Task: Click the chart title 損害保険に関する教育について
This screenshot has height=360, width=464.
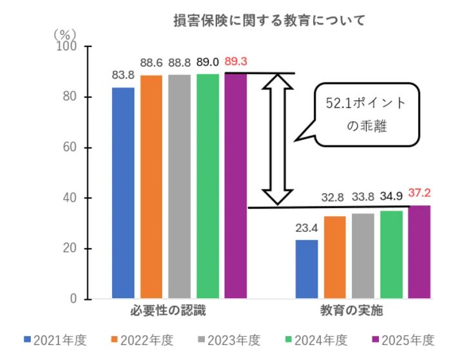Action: [x=269, y=21]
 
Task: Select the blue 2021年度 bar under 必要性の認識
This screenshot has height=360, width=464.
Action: [x=122, y=193]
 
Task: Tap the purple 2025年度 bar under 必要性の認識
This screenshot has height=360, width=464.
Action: [x=236, y=187]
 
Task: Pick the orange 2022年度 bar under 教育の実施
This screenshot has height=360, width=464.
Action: [x=335, y=258]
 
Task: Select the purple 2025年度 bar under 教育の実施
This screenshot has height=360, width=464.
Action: [x=419, y=252]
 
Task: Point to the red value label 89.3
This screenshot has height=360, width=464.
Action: [x=236, y=62]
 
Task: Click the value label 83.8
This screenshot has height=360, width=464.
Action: [x=122, y=75]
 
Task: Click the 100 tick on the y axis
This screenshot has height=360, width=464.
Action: [x=66, y=46]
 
